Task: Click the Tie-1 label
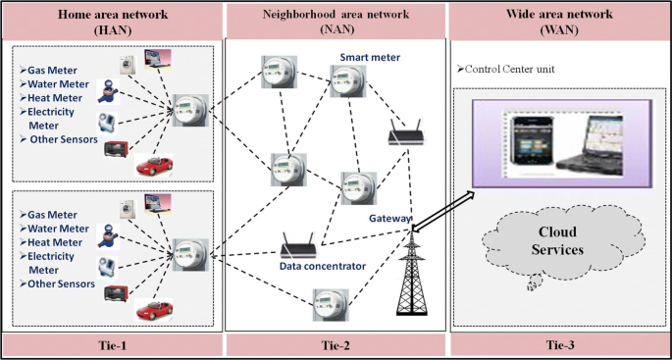click(x=112, y=344)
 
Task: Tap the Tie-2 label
click(x=336, y=344)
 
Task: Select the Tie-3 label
click(x=559, y=344)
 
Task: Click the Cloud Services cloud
click(x=557, y=242)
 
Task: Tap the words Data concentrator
click(x=323, y=266)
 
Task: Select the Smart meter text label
click(x=370, y=57)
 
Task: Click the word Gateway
click(x=390, y=219)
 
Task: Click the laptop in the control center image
click(x=591, y=145)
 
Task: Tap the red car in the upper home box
click(x=153, y=166)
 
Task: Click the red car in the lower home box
click(x=153, y=310)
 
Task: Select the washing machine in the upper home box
click(x=128, y=65)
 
